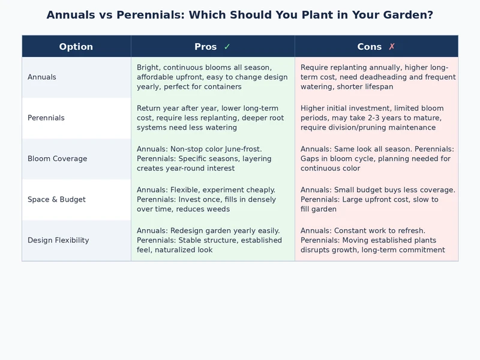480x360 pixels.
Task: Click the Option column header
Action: click(76, 47)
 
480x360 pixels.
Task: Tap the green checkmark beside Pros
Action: click(227, 47)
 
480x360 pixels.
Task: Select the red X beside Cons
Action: click(392, 47)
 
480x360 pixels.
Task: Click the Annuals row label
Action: click(42, 77)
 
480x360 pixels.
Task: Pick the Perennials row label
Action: click(46, 118)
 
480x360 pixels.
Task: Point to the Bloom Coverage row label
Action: click(58, 159)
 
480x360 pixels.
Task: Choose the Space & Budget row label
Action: click(56, 200)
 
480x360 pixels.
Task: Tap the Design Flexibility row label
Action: click(58, 241)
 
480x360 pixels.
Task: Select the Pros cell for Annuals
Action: click(212, 77)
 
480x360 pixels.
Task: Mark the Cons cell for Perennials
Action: click(376, 118)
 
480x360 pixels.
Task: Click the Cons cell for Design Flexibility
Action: click(376, 241)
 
